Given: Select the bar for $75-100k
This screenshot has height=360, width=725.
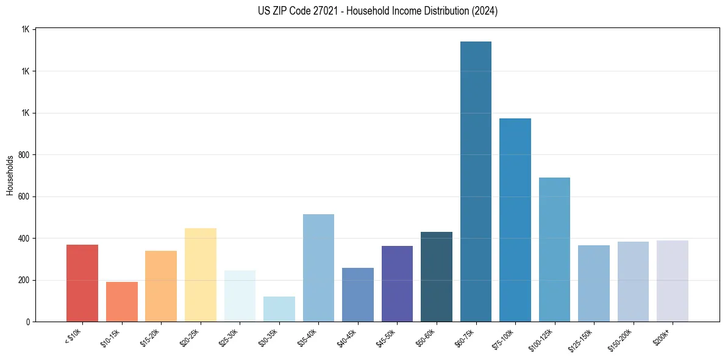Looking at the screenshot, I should coord(515,220).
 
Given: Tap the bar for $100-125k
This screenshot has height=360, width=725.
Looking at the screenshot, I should coord(554,250).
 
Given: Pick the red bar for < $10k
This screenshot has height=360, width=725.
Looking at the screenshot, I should coord(82,283).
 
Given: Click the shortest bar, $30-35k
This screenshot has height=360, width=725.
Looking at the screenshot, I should coord(279,309).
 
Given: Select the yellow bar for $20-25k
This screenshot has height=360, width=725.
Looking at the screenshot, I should coord(201,275).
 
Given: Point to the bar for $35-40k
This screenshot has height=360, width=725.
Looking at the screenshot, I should coord(318,268).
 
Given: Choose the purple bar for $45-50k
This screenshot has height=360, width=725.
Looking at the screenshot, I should coord(397,284).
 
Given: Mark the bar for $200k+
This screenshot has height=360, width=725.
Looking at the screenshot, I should coord(673,281).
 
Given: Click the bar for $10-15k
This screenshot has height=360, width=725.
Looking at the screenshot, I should coord(122,301).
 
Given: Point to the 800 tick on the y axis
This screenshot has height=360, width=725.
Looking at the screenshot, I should coord(25,155).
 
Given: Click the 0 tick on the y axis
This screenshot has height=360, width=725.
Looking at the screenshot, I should coord(28,322).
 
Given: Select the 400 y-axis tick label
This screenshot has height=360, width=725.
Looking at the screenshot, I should coord(25,239).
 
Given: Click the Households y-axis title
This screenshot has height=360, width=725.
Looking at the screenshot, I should coord(10,175).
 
